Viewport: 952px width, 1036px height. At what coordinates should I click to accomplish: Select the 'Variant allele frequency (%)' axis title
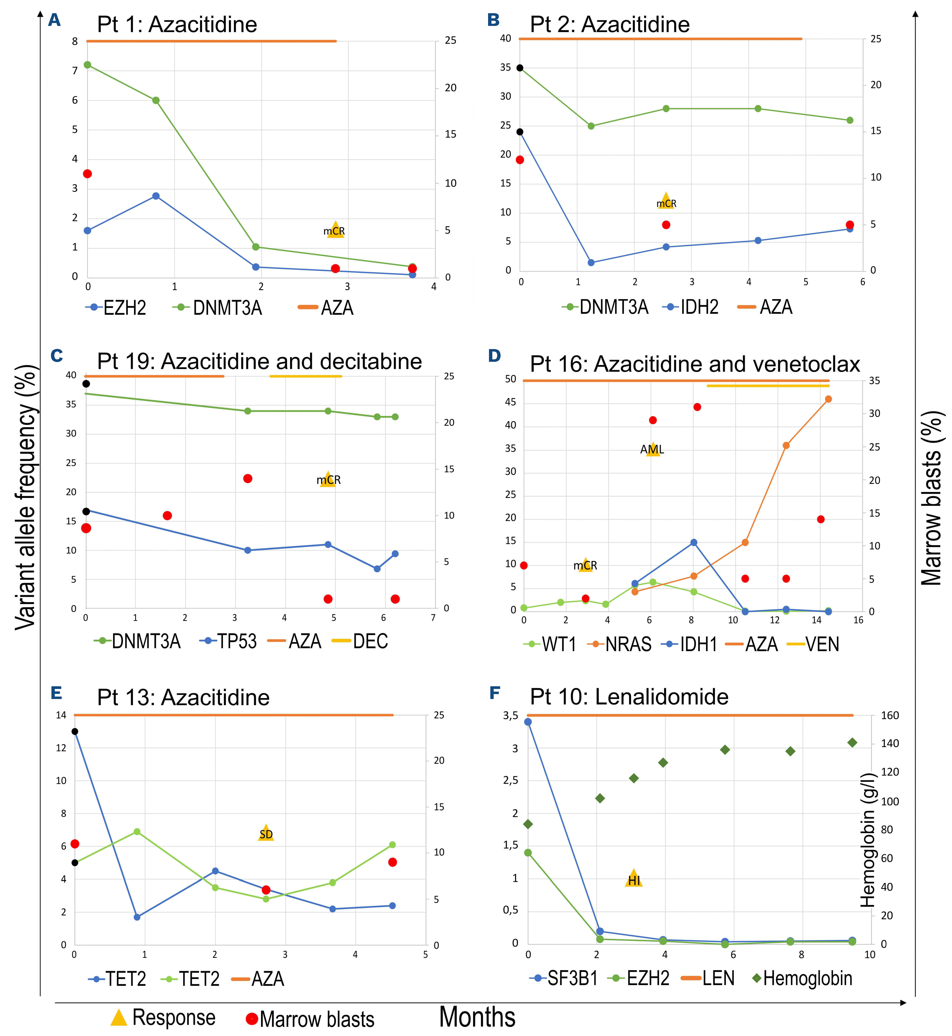(x=26, y=497)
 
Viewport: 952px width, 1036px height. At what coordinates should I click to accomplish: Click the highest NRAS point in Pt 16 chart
(x=828, y=399)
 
